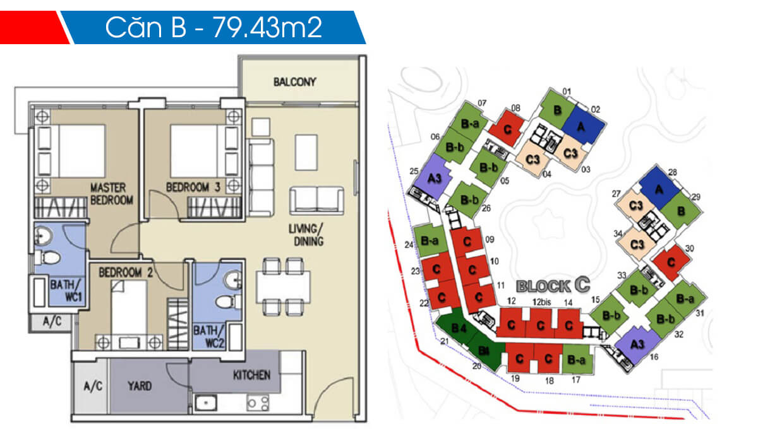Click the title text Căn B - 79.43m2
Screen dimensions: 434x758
(x=214, y=28)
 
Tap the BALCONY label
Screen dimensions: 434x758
(x=294, y=82)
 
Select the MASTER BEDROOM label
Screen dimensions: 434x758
(x=111, y=194)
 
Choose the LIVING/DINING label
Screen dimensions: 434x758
(x=308, y=235)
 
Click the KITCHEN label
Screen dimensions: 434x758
(x=251, y=375)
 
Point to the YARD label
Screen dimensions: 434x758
(x=141, y=386)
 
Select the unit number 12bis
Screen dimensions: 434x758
(x=539, y=303)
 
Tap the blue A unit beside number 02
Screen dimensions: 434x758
(x=582, y=121)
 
